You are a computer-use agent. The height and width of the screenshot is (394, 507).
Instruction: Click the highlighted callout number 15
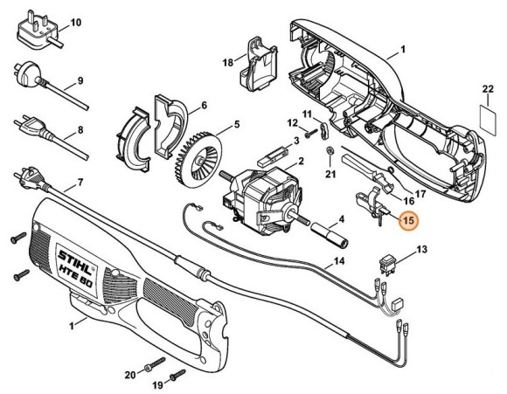(407, 221)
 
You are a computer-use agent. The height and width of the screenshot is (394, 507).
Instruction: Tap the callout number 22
(488, 89)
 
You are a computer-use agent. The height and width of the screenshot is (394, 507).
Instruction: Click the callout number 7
(80, 183)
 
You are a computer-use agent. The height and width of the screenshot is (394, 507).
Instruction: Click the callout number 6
(203, 107)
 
